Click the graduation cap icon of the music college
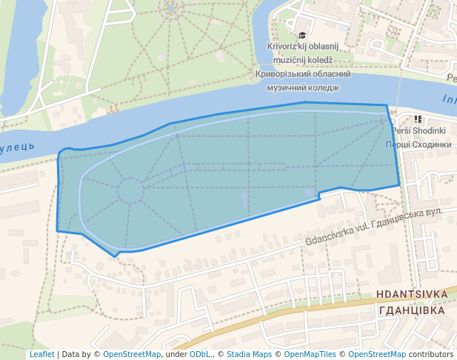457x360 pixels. coord(301,35)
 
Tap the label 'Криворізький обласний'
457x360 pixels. coord(301,74)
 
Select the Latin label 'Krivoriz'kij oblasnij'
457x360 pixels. coord(301,47)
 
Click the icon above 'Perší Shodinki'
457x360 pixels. coord(418,119)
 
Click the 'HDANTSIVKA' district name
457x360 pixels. coord(412,294)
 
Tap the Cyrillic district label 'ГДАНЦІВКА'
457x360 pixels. coord(411,310)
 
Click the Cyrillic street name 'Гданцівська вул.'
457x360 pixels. coord(410,213)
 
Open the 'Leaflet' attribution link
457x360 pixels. coord(41,354)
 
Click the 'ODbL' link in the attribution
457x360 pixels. coord(199,354)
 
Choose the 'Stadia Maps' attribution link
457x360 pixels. coord(249,354)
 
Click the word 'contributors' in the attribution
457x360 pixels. coord(431,354)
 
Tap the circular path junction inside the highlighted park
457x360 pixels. coord(130,190)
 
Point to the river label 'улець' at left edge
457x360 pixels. coord(17,147)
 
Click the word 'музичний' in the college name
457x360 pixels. coord(281,87)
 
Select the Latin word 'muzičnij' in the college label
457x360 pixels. coord(284,60)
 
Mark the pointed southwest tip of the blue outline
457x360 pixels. coord(115,256)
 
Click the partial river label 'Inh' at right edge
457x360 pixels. coord(449,99)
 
